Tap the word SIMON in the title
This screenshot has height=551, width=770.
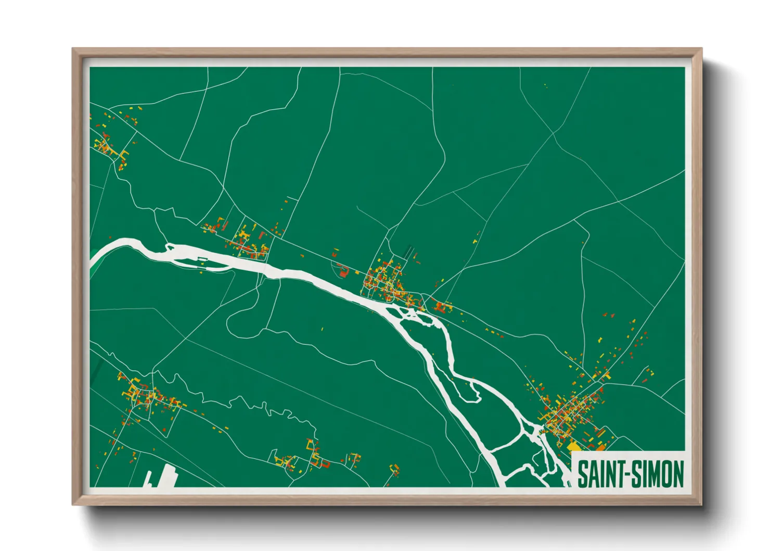pyautogui.click(x=659, y=474)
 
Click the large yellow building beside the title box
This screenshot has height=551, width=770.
pyautogui.click(x=573, y=446)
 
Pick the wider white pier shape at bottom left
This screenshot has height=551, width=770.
pyautogui.click(x=169, y=476)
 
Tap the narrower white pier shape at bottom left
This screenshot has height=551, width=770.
pyautogui.click(x=148, y=479)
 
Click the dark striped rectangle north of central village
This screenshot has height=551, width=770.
pyautogui.click(x=409, y=252)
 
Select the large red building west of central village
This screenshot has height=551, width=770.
pyautogui.click(x=343, y=271)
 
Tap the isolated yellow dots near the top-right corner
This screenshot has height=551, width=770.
pyautogui.click(x=545, y=85)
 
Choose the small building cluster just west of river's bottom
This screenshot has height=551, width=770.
pyautogui.click(x=394, y=470)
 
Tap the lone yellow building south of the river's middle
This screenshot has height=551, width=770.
pyautogui.click(x=322, y=329)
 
